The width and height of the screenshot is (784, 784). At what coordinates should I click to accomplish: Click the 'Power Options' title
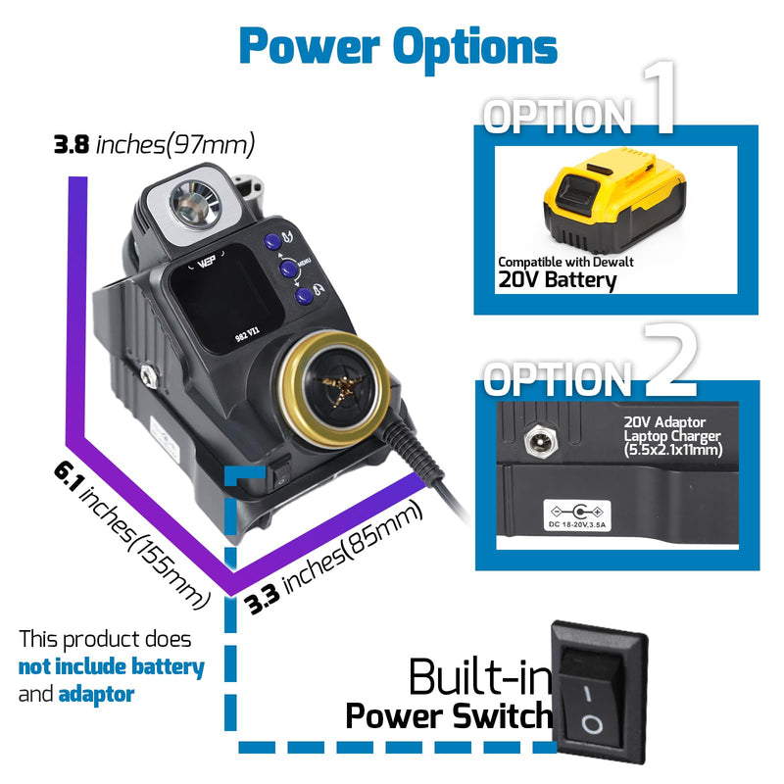pos(399,47)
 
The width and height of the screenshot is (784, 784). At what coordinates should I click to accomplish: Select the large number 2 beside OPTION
pos(670,359)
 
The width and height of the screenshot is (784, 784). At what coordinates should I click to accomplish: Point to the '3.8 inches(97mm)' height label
pos(154,144)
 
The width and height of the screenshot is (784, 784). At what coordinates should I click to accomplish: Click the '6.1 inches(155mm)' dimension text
pos(132,535)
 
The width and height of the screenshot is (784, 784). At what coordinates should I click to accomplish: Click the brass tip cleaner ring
pos(334,389)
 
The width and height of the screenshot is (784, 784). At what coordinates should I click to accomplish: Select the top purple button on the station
pos(272,241)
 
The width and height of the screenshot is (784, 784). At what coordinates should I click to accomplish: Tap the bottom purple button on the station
pos(304,296)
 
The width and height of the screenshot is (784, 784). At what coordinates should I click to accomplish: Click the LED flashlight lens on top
pos(195,205)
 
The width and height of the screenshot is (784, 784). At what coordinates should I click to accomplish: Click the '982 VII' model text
pos(248,333)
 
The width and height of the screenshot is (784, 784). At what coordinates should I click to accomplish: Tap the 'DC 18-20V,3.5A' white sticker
pos(577,515)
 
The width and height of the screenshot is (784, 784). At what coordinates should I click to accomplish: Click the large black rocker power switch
pos(599,692)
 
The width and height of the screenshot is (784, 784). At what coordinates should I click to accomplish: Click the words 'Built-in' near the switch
pos(480,676)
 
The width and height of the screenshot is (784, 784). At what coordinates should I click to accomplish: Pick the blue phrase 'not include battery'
pos(112,667)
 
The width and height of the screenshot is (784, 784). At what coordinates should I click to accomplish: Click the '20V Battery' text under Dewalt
pos(558,279)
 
